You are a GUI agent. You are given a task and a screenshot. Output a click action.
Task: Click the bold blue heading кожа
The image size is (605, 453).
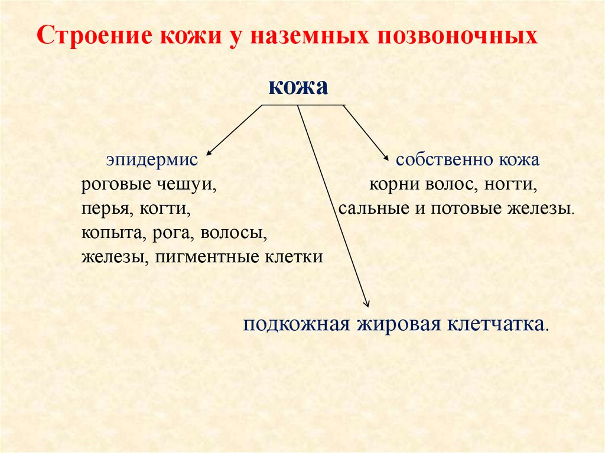click(x=298, y=86)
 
